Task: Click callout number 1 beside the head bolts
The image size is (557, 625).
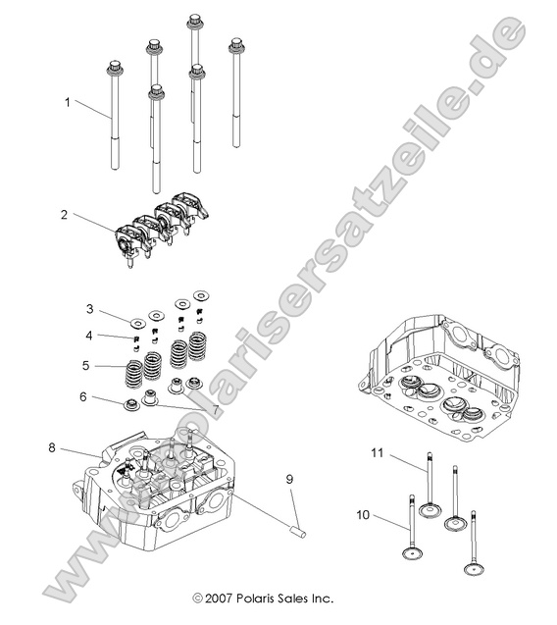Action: (x=68, y=101)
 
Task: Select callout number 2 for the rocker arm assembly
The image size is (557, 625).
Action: (x=66, y=213)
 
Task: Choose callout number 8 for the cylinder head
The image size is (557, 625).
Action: (x=51, y=447)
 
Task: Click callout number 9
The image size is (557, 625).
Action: (x=289, y=479)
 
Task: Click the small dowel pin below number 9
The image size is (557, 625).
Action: (x=297, y=531)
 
